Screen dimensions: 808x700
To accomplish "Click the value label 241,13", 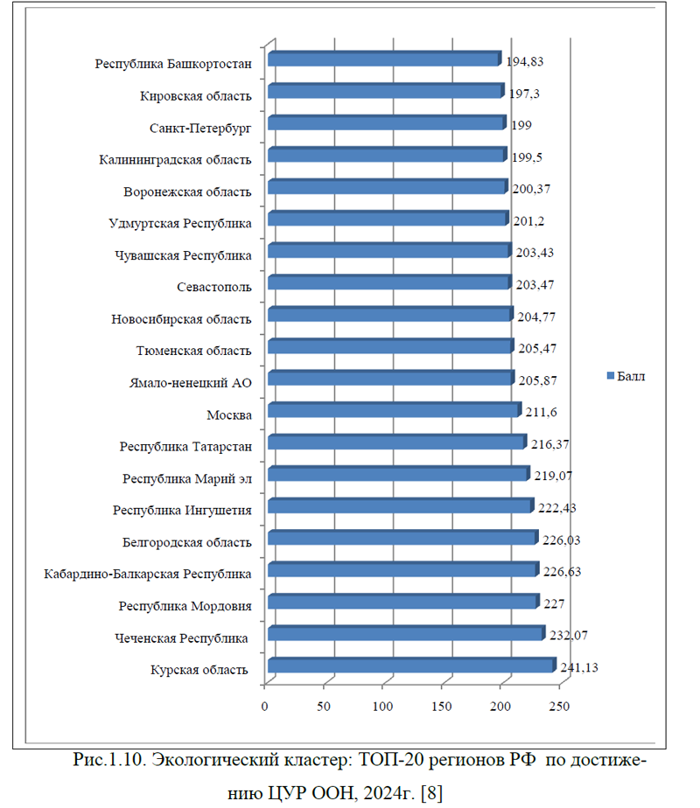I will click(578, 669).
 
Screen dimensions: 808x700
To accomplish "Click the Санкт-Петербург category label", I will click(201, 128).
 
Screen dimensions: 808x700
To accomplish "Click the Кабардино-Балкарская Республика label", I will click(149, 575).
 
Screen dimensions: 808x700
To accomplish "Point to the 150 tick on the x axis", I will click(442, 706).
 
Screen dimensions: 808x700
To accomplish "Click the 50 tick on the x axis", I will click(324, 706).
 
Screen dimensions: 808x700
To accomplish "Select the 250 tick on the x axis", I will click(559, 706).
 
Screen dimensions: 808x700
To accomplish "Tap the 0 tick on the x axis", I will click(264, 706).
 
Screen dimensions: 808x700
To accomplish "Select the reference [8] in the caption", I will click(431, 791).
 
